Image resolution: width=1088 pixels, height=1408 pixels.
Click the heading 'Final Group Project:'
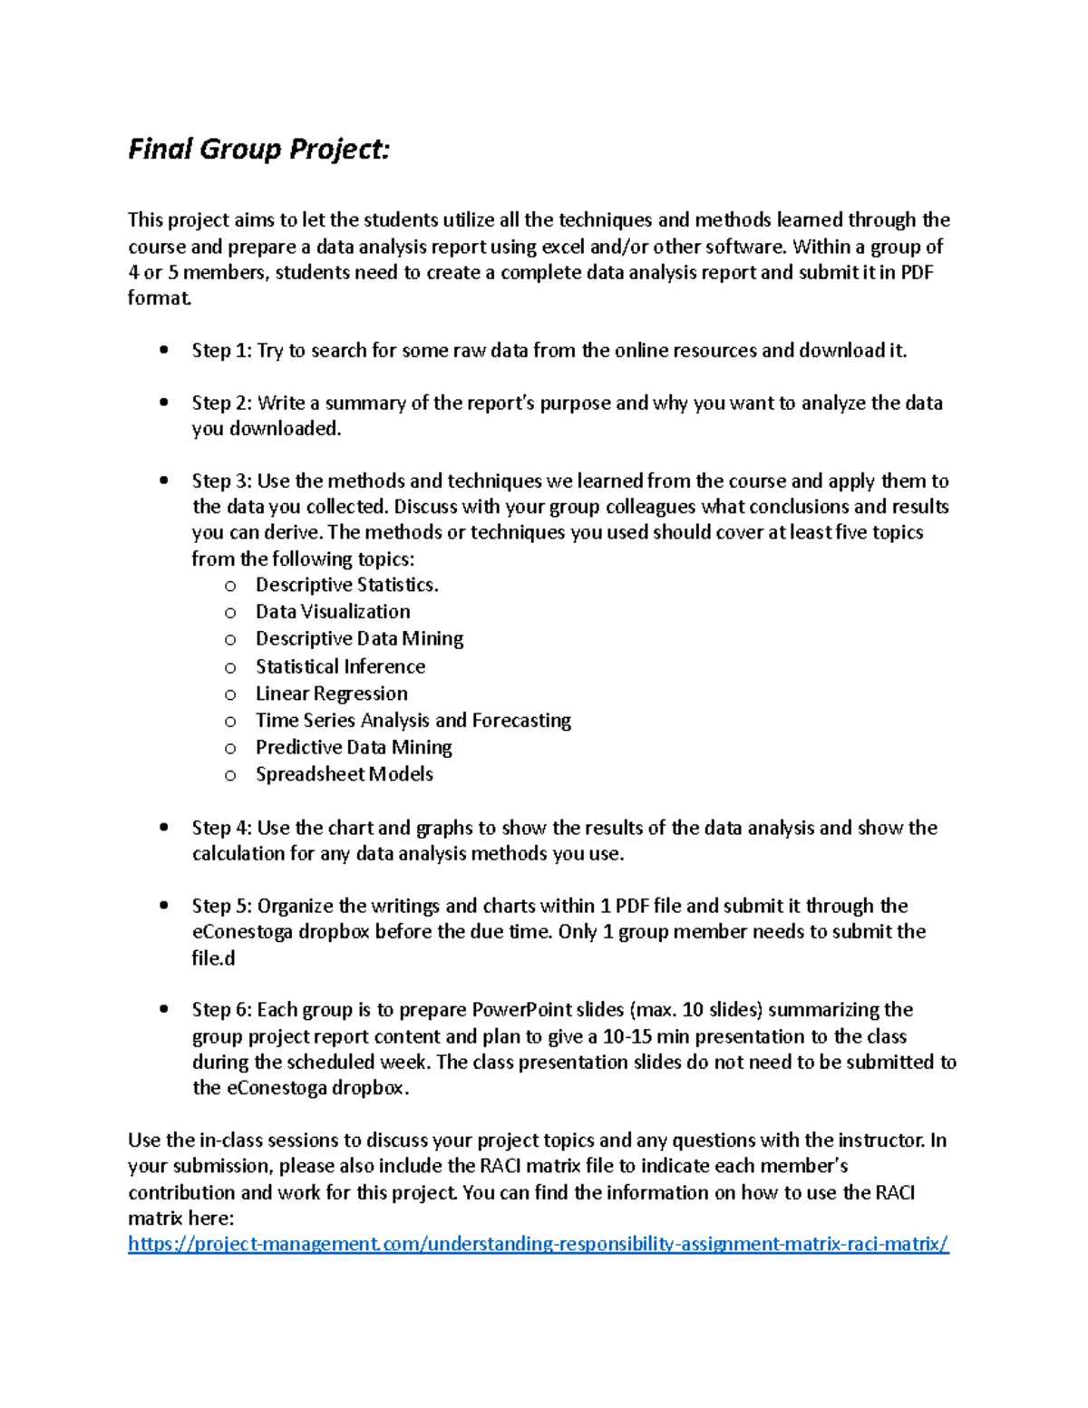[x=258, y=149]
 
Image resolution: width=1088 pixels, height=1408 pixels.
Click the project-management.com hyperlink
[x=538, y=1244]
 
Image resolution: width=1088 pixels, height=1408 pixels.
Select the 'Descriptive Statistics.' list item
[x=346, y=586]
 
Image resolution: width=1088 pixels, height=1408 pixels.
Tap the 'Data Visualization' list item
[x=333, y=612]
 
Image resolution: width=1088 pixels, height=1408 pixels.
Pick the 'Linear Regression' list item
[x=331, y=694]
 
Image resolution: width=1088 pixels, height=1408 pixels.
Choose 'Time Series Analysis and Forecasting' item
[x=413, y=721]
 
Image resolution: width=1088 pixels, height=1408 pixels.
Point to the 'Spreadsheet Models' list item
[x=344, y=774]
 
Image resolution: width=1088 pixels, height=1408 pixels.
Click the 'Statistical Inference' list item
[x=340, y=666]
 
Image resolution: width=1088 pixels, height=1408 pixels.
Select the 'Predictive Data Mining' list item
[x=354, y=748]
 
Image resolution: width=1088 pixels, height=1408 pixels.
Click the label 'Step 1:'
[x=221, y=351]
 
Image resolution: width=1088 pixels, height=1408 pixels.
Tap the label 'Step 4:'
[x=221, y=828]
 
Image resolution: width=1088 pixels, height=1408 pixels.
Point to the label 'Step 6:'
[x=221, y=1010]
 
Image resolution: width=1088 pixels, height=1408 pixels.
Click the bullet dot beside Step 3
[x=163, y=481]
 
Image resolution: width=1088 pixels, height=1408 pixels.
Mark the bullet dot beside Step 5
[x=163, y=906]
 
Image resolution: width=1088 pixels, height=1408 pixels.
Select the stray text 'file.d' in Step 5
[x=213, y=958]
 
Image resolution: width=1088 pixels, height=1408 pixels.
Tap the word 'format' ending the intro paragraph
[x=159, y=298]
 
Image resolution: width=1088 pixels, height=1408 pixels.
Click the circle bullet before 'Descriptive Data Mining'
[x=230, y=640]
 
